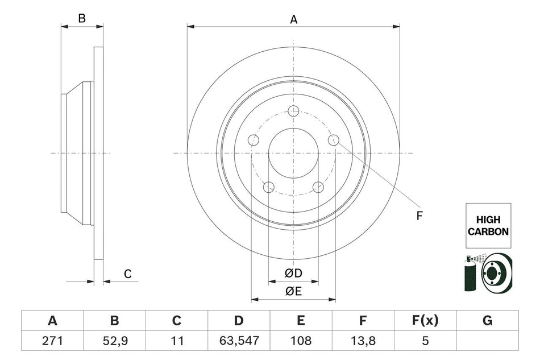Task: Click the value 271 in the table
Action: [52, 341]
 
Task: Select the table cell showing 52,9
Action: [114, 341]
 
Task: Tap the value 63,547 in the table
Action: [239, 341]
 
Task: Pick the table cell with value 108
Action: [301, 341]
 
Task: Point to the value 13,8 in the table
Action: [363, 341]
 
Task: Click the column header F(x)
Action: [425, 321]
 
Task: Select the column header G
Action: [487, 321]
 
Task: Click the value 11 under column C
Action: [176, 341]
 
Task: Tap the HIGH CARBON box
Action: [488, 226]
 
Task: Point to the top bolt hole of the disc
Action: [293, 111]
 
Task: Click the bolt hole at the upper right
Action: [334, 140]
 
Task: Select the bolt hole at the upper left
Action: [254, 140]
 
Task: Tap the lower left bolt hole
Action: [269, 187]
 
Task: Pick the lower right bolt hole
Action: [318, 187]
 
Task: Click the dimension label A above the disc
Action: [294, 20]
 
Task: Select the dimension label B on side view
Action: [82, 18]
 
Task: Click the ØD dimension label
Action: [293, 274]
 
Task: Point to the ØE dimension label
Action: [293, 291]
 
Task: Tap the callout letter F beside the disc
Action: [420, 215]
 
